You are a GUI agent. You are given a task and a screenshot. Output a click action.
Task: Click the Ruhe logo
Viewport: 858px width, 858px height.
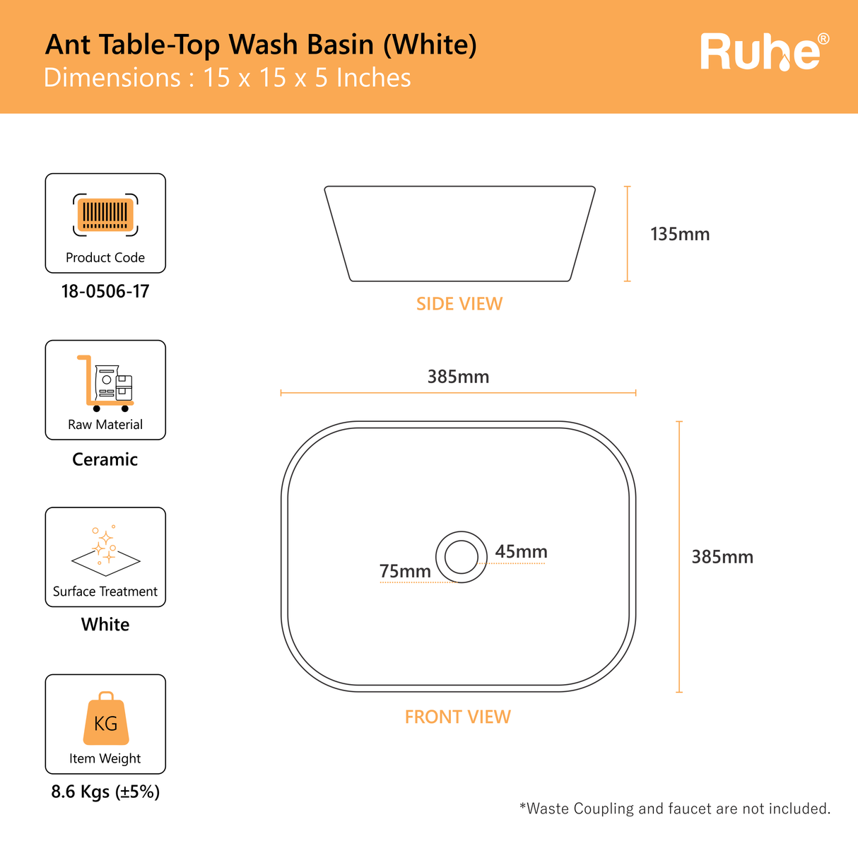pos(764,52)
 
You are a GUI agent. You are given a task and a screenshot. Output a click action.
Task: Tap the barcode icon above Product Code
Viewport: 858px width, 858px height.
pos(105,215)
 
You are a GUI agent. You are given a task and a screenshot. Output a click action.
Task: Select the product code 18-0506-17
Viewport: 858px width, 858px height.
pos(105,291)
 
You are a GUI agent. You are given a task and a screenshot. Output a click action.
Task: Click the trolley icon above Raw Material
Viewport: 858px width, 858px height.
pos(105,383)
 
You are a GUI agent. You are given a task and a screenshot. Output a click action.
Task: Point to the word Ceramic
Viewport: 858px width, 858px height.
pos(105,459)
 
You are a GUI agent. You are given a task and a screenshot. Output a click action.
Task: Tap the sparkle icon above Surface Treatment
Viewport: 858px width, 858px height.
pos(105,551)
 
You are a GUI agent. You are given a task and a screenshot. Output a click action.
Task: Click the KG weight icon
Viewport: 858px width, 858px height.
pos(106,718)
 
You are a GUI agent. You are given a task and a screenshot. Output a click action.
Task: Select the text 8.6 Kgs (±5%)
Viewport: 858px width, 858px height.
pos(105,792)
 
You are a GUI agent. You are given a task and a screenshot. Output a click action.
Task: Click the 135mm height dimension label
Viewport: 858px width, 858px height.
pos(680,234)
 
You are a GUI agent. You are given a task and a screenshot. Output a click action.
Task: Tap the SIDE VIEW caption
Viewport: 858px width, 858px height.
pos(459,304)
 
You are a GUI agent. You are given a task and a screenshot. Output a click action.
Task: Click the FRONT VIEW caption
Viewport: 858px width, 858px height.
pos(458,717)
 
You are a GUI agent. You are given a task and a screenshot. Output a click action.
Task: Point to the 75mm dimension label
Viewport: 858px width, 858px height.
pos(405,571)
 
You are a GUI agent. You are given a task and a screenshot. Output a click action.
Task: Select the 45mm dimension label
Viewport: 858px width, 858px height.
pos(521,552)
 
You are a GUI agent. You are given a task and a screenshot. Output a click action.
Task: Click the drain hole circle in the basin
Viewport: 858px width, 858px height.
pos(462,531)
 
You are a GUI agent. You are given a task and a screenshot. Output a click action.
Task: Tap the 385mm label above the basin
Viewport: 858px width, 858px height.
pos(458,377)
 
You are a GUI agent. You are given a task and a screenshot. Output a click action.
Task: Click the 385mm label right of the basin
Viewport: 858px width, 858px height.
pos(722,557)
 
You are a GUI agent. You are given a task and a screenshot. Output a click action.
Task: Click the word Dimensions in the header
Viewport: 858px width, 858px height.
pos(112,78)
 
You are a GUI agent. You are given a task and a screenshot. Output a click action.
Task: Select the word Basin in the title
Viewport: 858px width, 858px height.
pos(340,45)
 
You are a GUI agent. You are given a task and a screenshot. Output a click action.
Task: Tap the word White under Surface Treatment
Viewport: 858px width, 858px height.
pos(105,624)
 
